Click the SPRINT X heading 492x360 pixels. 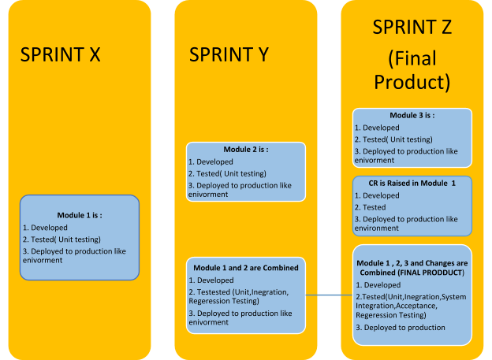(x=60, y=54)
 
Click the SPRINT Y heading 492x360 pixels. (x=229, y=54)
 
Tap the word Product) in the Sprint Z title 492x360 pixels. (x=412, y=83)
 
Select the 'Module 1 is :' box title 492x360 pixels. (x=80, y=215)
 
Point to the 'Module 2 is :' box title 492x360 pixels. (x=246, y=150)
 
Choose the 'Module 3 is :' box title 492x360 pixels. (x=412, y=115)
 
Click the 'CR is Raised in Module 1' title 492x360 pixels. (x=412, y=183)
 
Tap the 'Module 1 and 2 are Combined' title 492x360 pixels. (x=246, y=268)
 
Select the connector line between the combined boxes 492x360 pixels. (x=329, y=295)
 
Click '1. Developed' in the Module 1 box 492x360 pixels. (x=45, y=228)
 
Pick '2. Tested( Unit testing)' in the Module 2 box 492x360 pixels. (x=227, y=174)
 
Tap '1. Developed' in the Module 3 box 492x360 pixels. (x=377, y=128)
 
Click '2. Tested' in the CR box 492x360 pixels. (x=371, y=207)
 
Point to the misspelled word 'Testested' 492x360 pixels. (x=214, y=292)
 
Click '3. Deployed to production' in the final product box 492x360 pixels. (x=401, y=328)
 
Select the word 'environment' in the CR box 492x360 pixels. (x=377, y=228)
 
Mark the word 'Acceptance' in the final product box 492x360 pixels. (x=416, y=306)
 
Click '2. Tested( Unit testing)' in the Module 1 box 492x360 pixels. (x=61, y=239)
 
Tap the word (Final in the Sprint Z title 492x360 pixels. (x=412, y=58)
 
